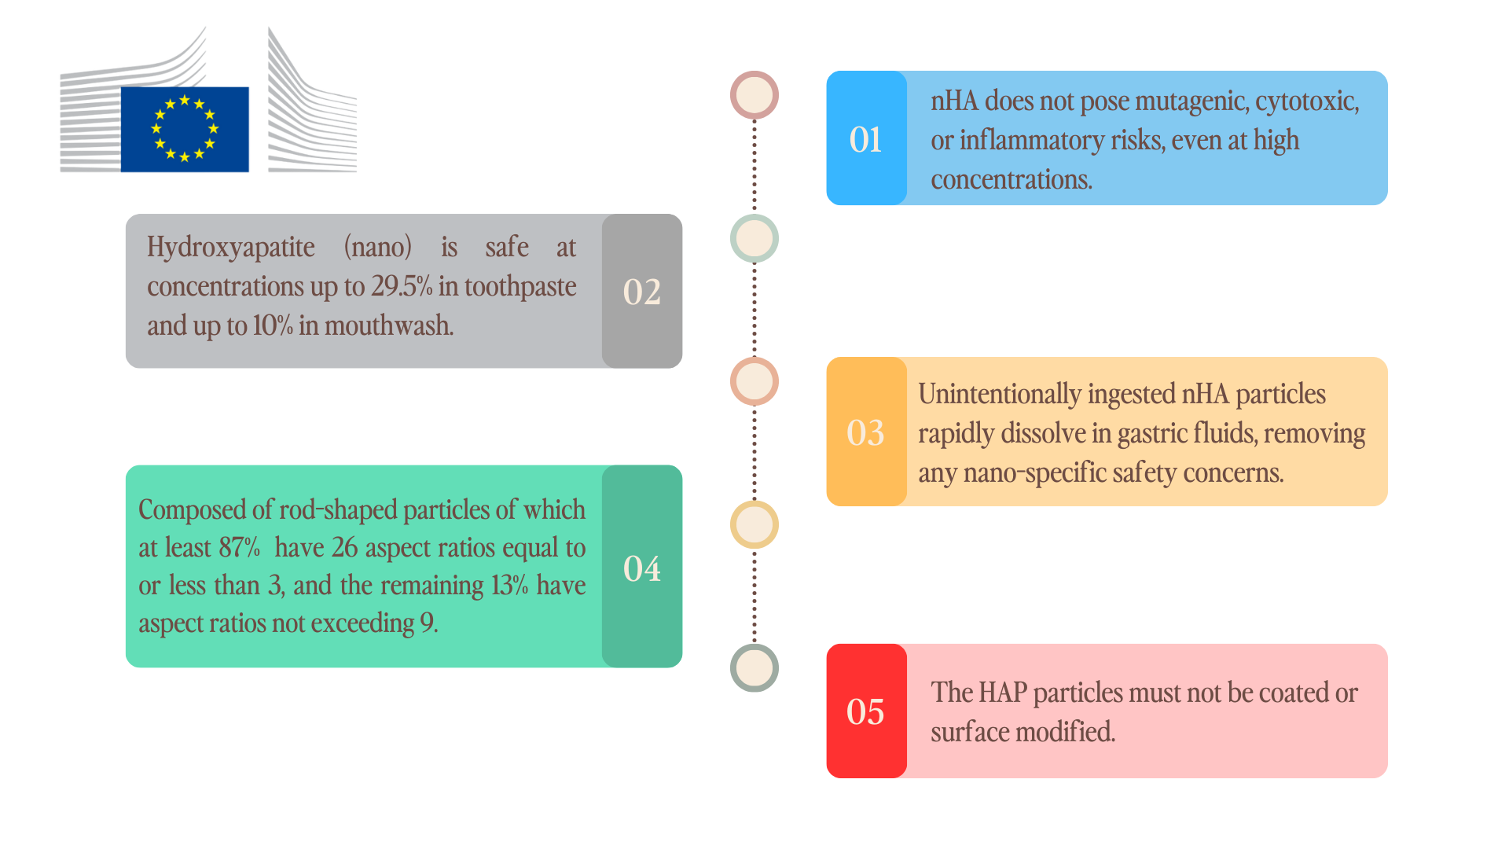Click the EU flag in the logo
(185, 129)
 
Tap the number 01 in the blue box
(865, 140)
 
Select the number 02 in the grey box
(641, 292)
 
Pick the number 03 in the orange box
(865, 432)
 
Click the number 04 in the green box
(641, 568)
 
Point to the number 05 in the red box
(865, 711)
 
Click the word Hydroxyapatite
(231, 248)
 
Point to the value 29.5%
(402, 286)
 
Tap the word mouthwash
(389, 325)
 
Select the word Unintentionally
(1000, 395)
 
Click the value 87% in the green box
(239, 547)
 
